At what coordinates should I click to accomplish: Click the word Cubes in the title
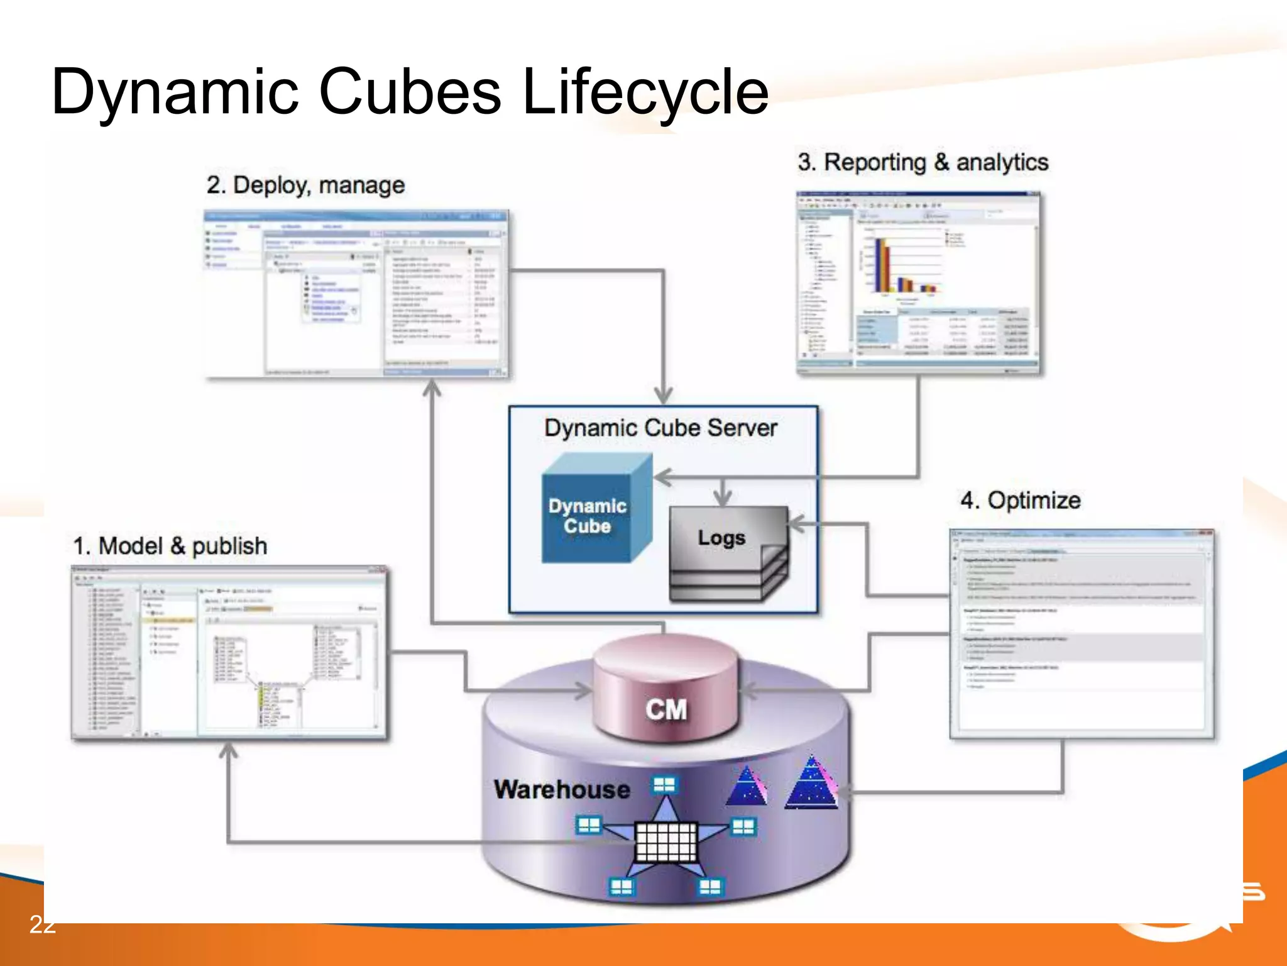click(x=410, y=92)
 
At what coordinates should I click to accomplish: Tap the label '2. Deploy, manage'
click(x=305, y=185)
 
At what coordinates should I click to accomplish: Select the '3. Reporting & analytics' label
click(x=923, y=162)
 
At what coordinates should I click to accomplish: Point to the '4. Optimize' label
click(x=1020, y=501)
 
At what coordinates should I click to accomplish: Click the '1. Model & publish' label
click(x=170, y=546)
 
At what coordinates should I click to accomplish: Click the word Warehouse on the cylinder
click(x=561, y=790)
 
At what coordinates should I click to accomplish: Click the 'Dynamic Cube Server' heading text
click(x=660, y=428)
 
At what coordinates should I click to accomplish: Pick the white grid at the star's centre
click(x=666, y=841)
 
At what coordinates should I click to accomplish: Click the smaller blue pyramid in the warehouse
click(x=747, y=788)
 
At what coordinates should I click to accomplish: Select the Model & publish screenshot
click(x=229, y=652)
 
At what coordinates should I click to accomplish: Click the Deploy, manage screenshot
click(x=356, y=294)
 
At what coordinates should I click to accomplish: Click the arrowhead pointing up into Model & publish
click(x=229, y=750)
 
